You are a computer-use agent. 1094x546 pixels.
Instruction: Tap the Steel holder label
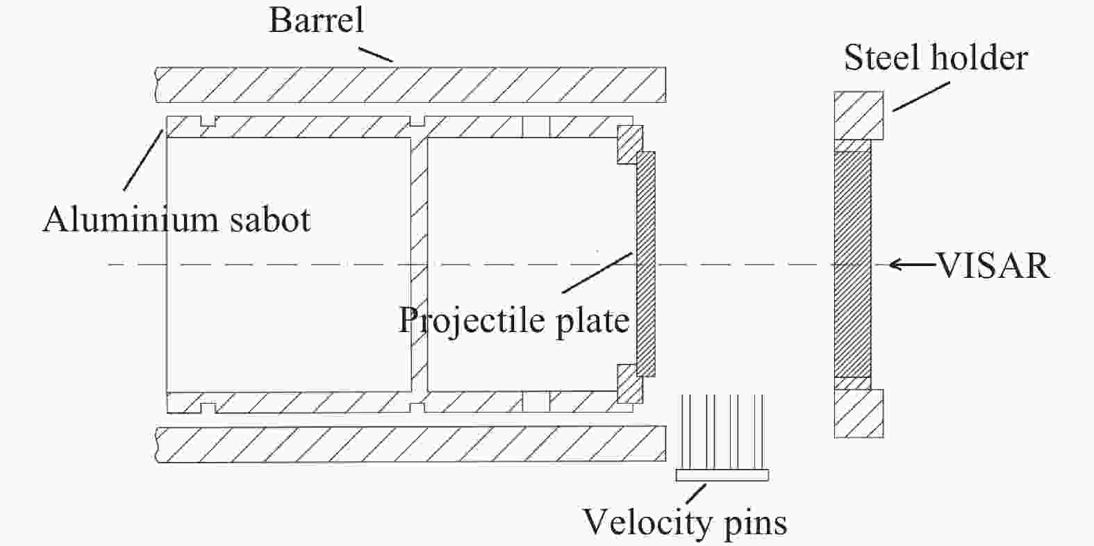pyautogui.click(x=935, y=58)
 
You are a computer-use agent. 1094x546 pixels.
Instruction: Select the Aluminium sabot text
pyautogui.click(x=176, y=220)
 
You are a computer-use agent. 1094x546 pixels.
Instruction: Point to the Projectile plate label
pyautogui.click(x=513, y=320)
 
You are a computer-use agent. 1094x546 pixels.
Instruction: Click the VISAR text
pyautogui.click(x=993, y=265)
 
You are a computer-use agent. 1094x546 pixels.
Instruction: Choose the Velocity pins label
pyautogui.click(x=684, y=522)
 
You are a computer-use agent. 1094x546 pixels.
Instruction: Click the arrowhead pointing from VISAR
pyautogui.click(x=897, y=264)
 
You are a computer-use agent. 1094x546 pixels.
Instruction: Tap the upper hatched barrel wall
pyautogui.click(x=410, y=84)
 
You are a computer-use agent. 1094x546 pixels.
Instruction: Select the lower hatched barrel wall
pyautogui.click(x=410, y=445)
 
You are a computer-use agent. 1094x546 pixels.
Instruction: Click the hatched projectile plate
pyautogui.click(x=646, y=264)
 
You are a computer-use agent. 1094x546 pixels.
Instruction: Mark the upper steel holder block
pyautogui.click(x=859, y=115)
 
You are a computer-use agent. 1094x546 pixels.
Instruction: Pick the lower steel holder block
pyautogui.click(x=859, y=413)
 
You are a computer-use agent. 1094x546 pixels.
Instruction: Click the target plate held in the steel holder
pyautogui.click(x=852, y=264)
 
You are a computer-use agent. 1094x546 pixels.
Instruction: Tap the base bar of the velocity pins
pyautogui.click(x=722, y=475)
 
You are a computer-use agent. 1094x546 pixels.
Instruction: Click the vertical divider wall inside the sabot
pyautogui.click(x=418, y=264)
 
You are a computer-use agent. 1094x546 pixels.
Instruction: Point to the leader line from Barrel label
pyautogui.click(x=376, y=51)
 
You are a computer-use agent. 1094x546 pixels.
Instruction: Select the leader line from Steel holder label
pyautogui.click(x=921, y=97)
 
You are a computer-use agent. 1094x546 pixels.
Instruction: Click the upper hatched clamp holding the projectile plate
pyautogui.click(x=628, y=143)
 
